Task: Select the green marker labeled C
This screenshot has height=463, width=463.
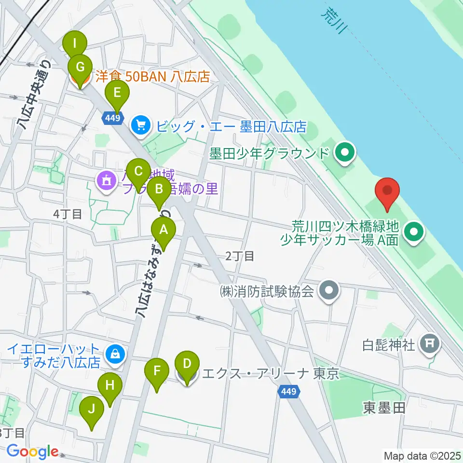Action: point(138,171)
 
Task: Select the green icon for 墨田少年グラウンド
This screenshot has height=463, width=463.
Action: point(345,154)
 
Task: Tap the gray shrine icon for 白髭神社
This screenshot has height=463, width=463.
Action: point(429,343)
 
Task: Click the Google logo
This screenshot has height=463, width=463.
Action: point(32,452)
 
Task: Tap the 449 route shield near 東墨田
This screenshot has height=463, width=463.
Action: point(290,394)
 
